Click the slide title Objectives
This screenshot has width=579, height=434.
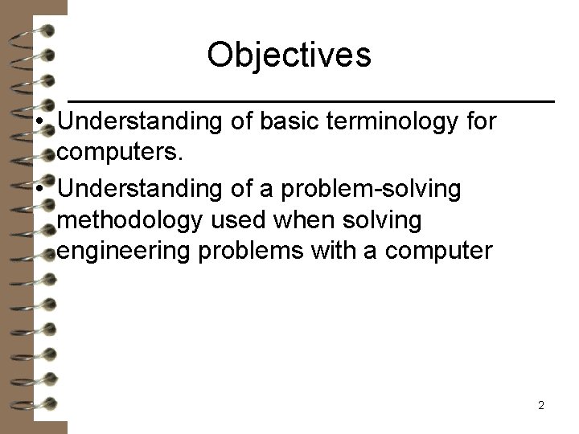pos(289,55)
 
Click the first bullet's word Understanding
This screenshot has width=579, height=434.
pos(141,122)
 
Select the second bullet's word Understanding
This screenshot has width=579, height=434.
pos(141,189)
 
